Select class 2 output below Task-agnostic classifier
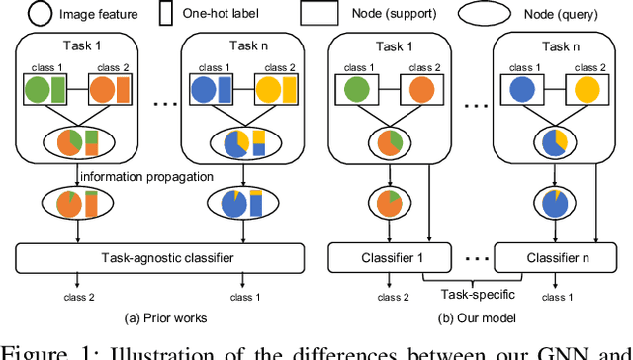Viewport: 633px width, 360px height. (x=78, y=295)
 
